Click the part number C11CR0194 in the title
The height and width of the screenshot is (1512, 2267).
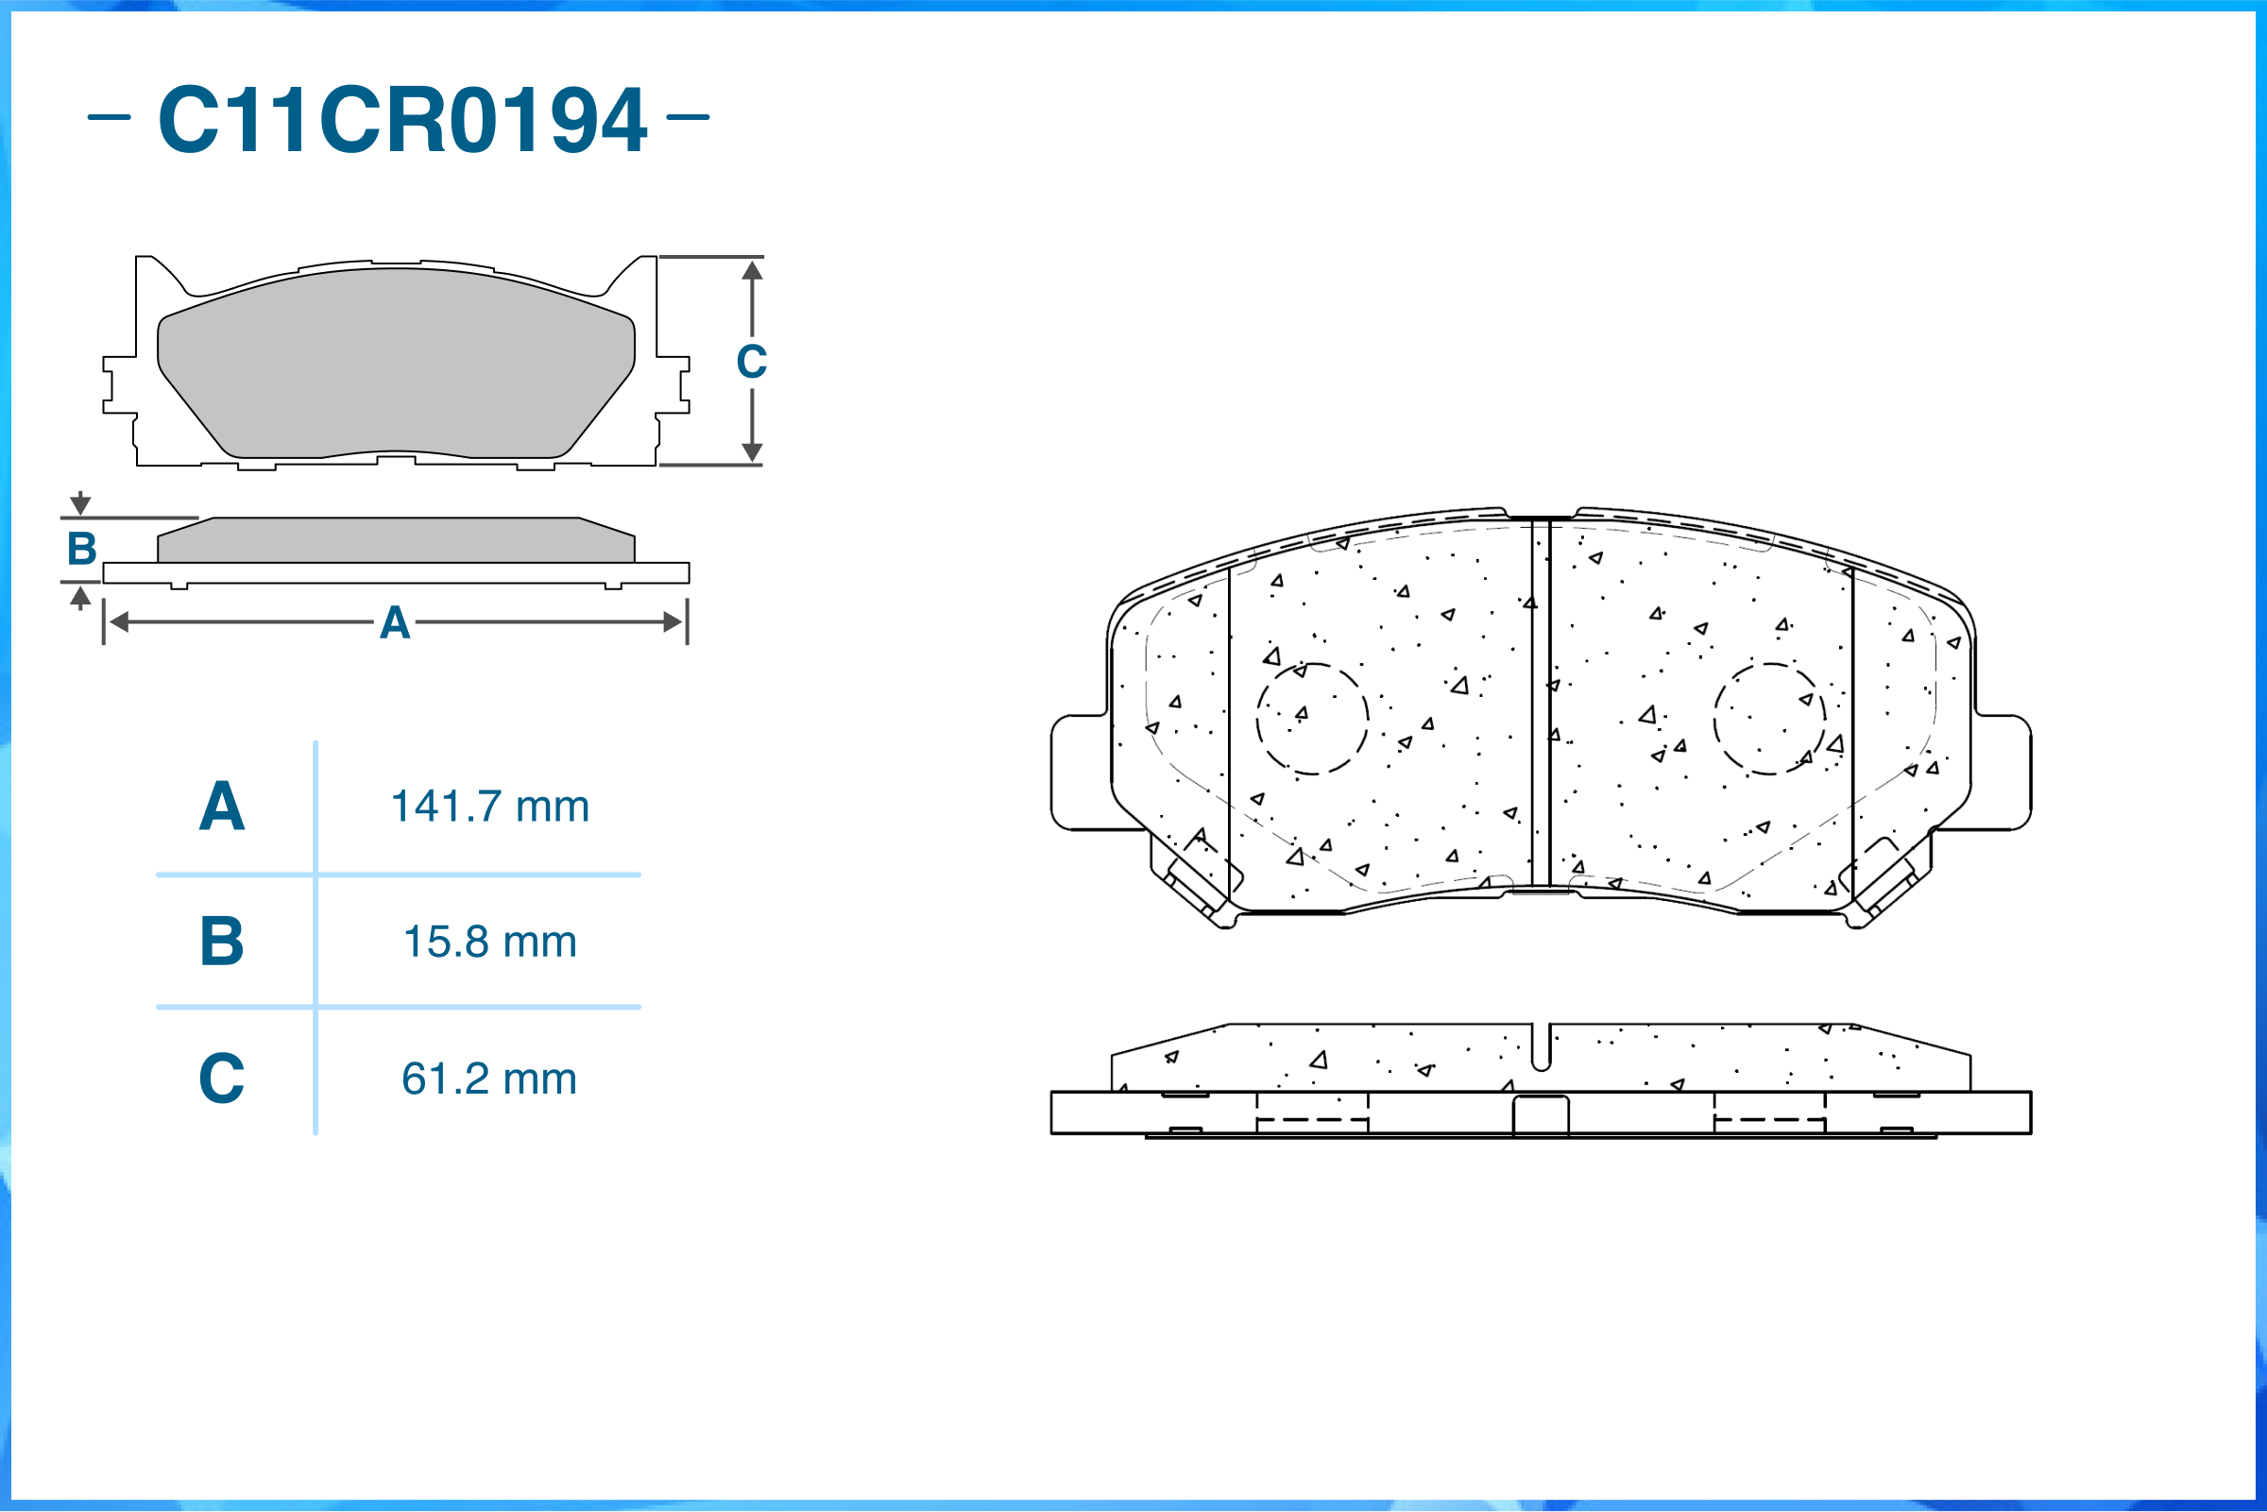[402, 120]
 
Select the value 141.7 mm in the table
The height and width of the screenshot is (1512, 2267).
[490, 807]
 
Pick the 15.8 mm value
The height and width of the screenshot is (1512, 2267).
[490, 942]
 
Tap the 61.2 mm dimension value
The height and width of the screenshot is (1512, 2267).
[490, 1079]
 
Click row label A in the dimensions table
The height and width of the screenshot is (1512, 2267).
[222, 807]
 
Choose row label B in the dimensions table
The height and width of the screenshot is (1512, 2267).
[222, 942]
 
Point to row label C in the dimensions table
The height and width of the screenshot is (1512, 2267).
[222, 1079]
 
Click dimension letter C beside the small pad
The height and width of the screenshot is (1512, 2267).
[752, 362]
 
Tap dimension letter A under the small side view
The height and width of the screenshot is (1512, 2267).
[395, 623]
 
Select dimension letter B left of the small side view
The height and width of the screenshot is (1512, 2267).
[82, 549]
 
